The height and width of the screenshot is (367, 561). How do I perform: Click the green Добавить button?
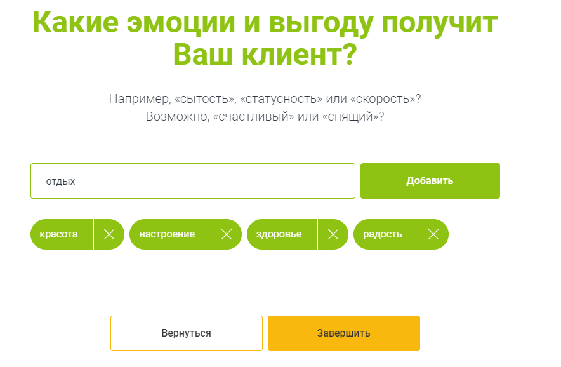click(430, 181)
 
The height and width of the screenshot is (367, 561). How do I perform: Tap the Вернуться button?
click(187, 333)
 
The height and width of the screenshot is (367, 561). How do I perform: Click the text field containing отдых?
click(193, 181)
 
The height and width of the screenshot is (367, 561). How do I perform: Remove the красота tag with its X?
click(109, 234)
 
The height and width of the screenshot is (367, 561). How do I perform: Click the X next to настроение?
click(227, 234)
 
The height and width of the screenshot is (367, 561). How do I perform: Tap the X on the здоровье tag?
click(333, 234)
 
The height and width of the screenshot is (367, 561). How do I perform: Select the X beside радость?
click(433, 234)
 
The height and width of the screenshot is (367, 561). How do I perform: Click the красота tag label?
click(58, 234)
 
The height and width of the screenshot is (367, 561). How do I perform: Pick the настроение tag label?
click(167, 234)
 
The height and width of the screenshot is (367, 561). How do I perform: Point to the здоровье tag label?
click(279, 234)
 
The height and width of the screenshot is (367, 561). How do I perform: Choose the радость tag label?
click(383, 234)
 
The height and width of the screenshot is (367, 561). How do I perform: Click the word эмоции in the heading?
click(181, 22)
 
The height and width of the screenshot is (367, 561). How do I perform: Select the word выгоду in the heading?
click(320, 23)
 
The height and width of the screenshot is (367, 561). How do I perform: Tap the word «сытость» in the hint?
click(206, 99)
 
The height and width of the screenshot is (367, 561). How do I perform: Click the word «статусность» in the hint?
click(281, 98)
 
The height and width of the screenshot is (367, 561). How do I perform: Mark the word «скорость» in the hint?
click(383, 99)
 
